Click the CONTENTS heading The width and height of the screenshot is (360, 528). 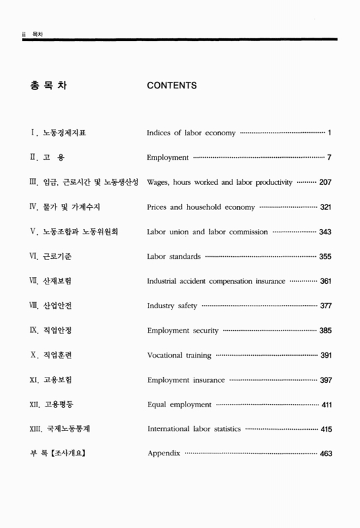click(172, 85)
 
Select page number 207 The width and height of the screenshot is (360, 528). click(325, 182)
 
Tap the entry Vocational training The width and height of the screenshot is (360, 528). click(179, 355)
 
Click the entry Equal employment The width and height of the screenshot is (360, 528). click(179, 405)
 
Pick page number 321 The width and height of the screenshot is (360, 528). click(325, 207)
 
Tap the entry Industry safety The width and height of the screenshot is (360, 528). click(172, 306)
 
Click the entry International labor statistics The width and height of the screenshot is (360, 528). click(194, 429)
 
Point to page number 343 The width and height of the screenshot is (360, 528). click(325, 232)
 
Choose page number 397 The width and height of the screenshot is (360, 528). click(325, 380)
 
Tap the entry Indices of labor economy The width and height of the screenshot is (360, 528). click(191, 133)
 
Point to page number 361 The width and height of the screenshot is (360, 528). click(325, 281)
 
